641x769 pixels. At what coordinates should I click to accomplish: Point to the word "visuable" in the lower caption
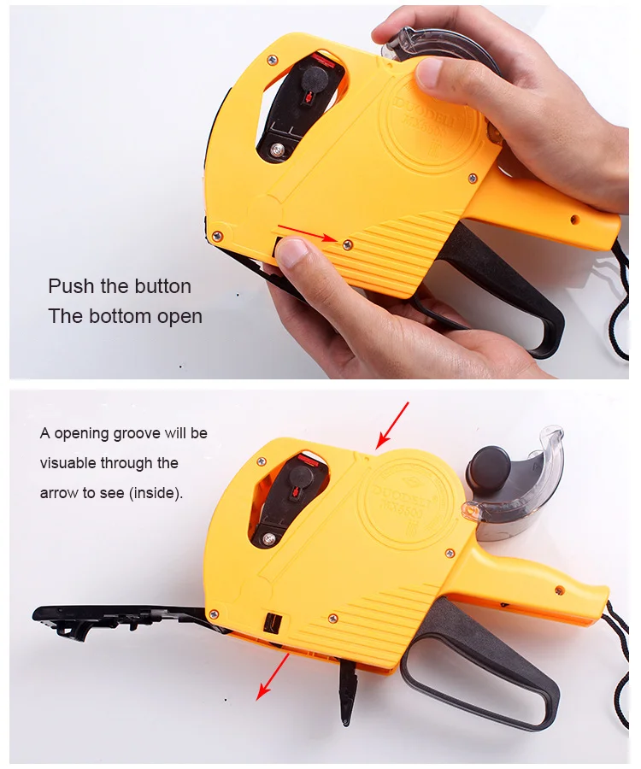(68, 463)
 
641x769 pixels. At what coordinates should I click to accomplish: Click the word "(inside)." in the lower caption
(155, 493)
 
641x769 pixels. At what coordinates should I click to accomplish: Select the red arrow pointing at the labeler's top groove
(392, 425)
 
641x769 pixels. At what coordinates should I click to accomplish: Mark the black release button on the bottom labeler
(273, 621)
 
